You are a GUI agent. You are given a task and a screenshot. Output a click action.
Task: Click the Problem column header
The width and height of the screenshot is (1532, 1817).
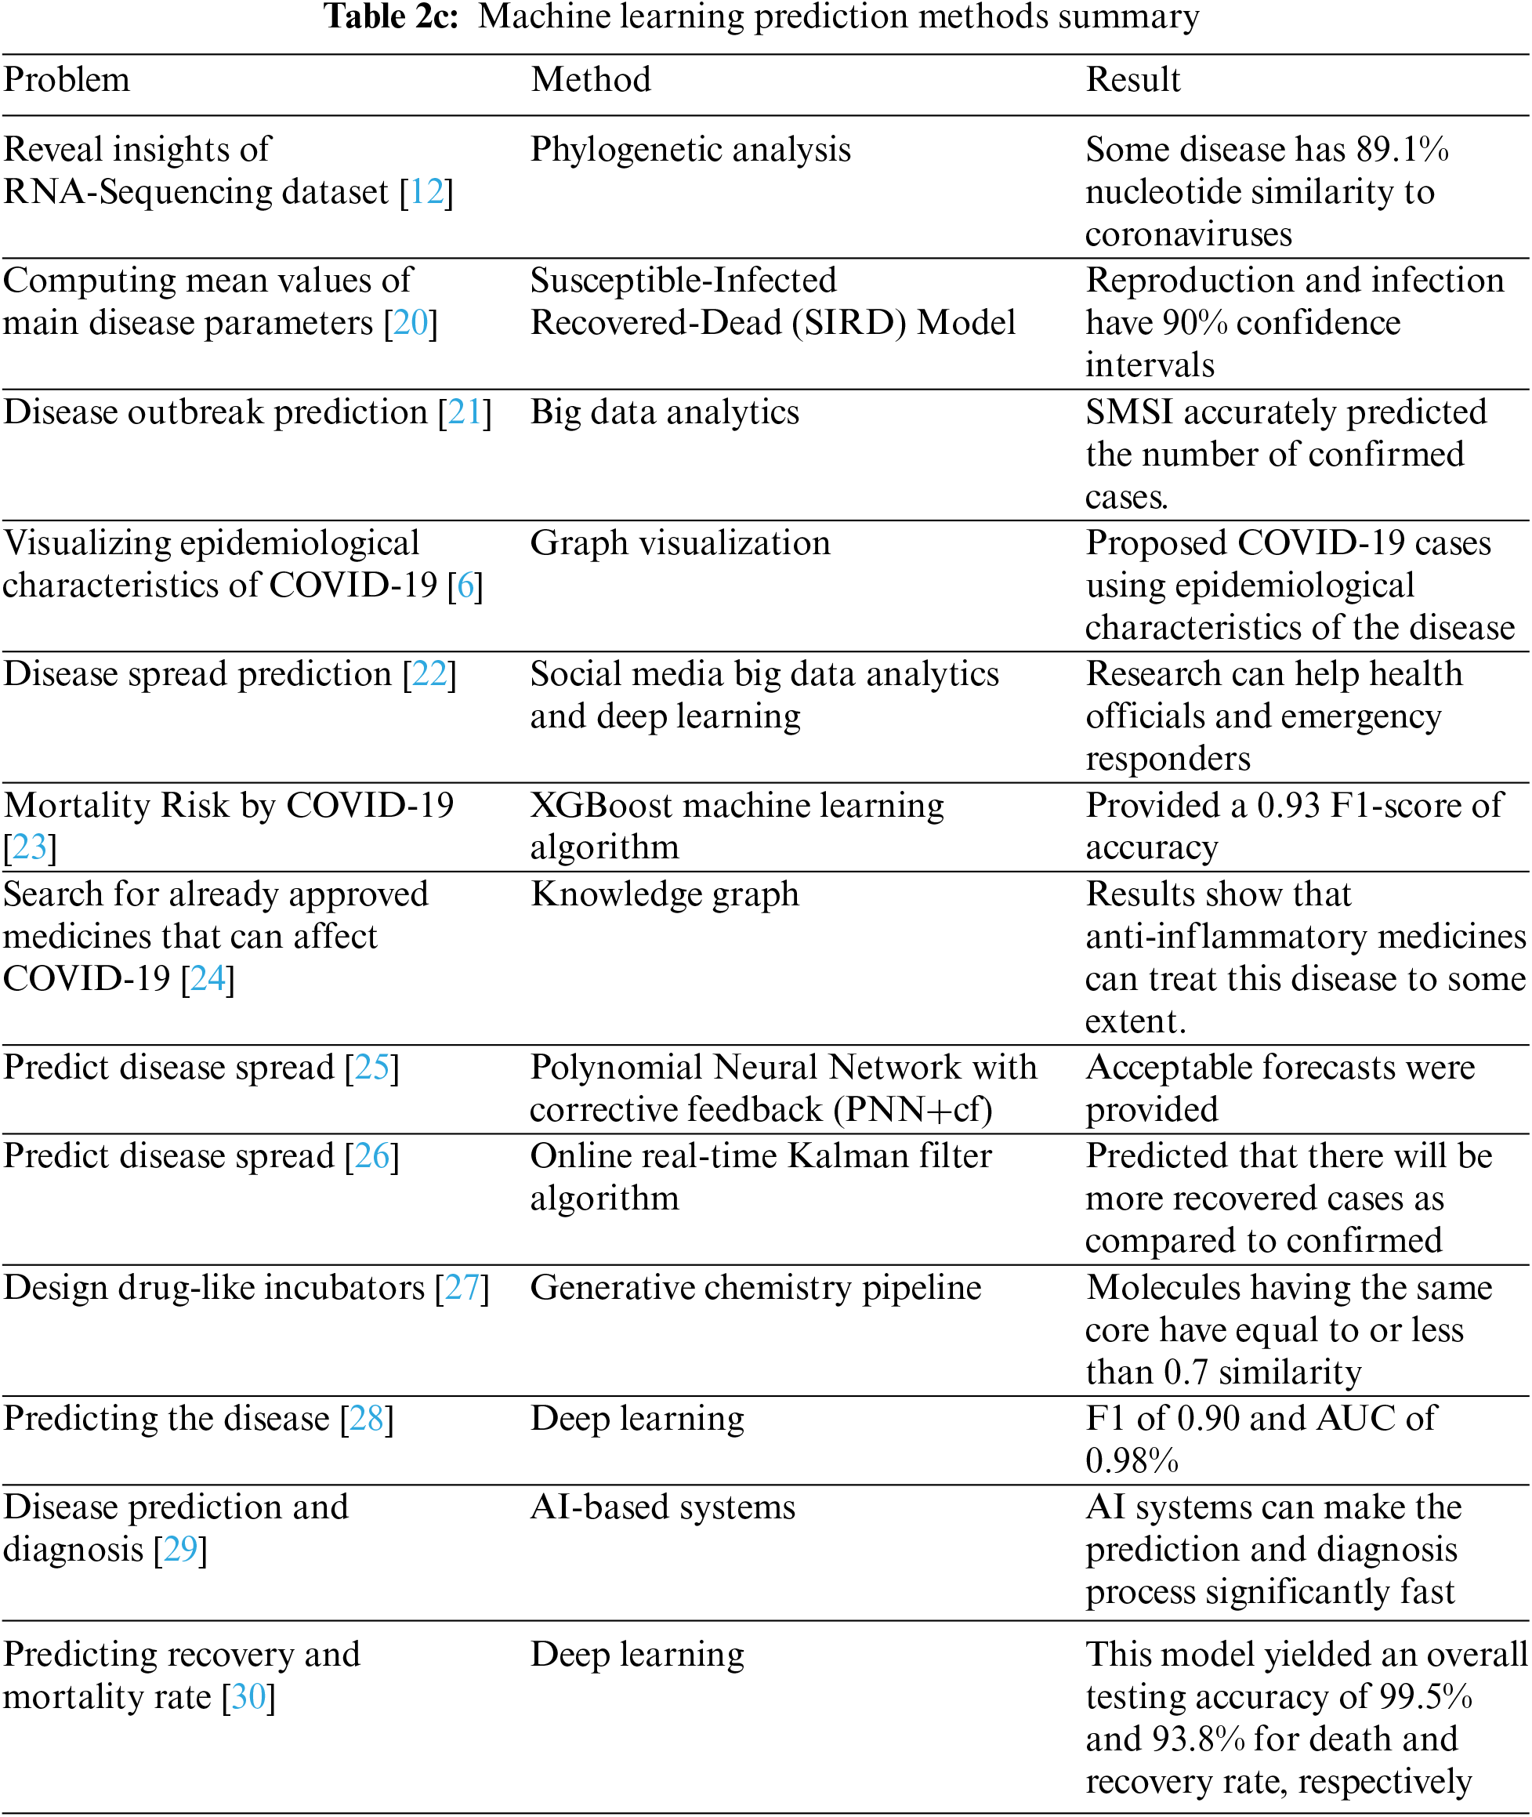[67, 80]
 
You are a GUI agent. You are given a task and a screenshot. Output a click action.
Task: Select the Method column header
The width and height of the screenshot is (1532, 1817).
[591, 80]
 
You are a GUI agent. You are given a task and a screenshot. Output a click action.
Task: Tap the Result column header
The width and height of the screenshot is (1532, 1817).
[1132, 80]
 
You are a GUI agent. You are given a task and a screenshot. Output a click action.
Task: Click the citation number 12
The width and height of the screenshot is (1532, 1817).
[426, 192]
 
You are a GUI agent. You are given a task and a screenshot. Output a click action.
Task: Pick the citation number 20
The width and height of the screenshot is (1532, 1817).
[411, 323]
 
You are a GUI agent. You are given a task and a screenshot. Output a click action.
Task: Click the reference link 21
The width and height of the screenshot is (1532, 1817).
[465, 412]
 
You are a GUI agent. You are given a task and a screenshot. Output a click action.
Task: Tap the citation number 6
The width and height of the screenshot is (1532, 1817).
[465, 586]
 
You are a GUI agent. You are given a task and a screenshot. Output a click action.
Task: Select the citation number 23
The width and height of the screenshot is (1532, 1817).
[30, 847]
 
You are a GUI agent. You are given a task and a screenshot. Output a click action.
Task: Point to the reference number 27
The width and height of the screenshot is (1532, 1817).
[462, 1287]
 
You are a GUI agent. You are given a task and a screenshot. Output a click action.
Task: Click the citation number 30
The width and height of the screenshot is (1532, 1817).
[248, 1696]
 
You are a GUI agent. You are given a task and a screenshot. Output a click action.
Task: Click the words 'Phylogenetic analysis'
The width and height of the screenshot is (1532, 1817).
[690, 150]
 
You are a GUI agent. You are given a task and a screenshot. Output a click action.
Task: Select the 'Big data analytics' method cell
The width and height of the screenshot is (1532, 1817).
[665, 412]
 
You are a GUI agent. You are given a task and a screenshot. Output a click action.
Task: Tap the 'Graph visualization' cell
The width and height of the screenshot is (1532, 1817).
[680, 543]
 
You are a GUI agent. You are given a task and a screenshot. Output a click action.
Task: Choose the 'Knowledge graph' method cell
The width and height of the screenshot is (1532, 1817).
[665, 894]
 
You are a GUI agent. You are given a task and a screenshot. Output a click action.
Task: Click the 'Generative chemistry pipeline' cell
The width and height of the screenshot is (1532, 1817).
[755, 1287]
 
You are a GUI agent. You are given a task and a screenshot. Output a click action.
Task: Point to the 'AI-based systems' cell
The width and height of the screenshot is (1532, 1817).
[663, 1507]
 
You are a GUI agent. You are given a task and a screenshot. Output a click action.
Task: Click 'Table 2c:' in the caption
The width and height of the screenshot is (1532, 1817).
[391, 17]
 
